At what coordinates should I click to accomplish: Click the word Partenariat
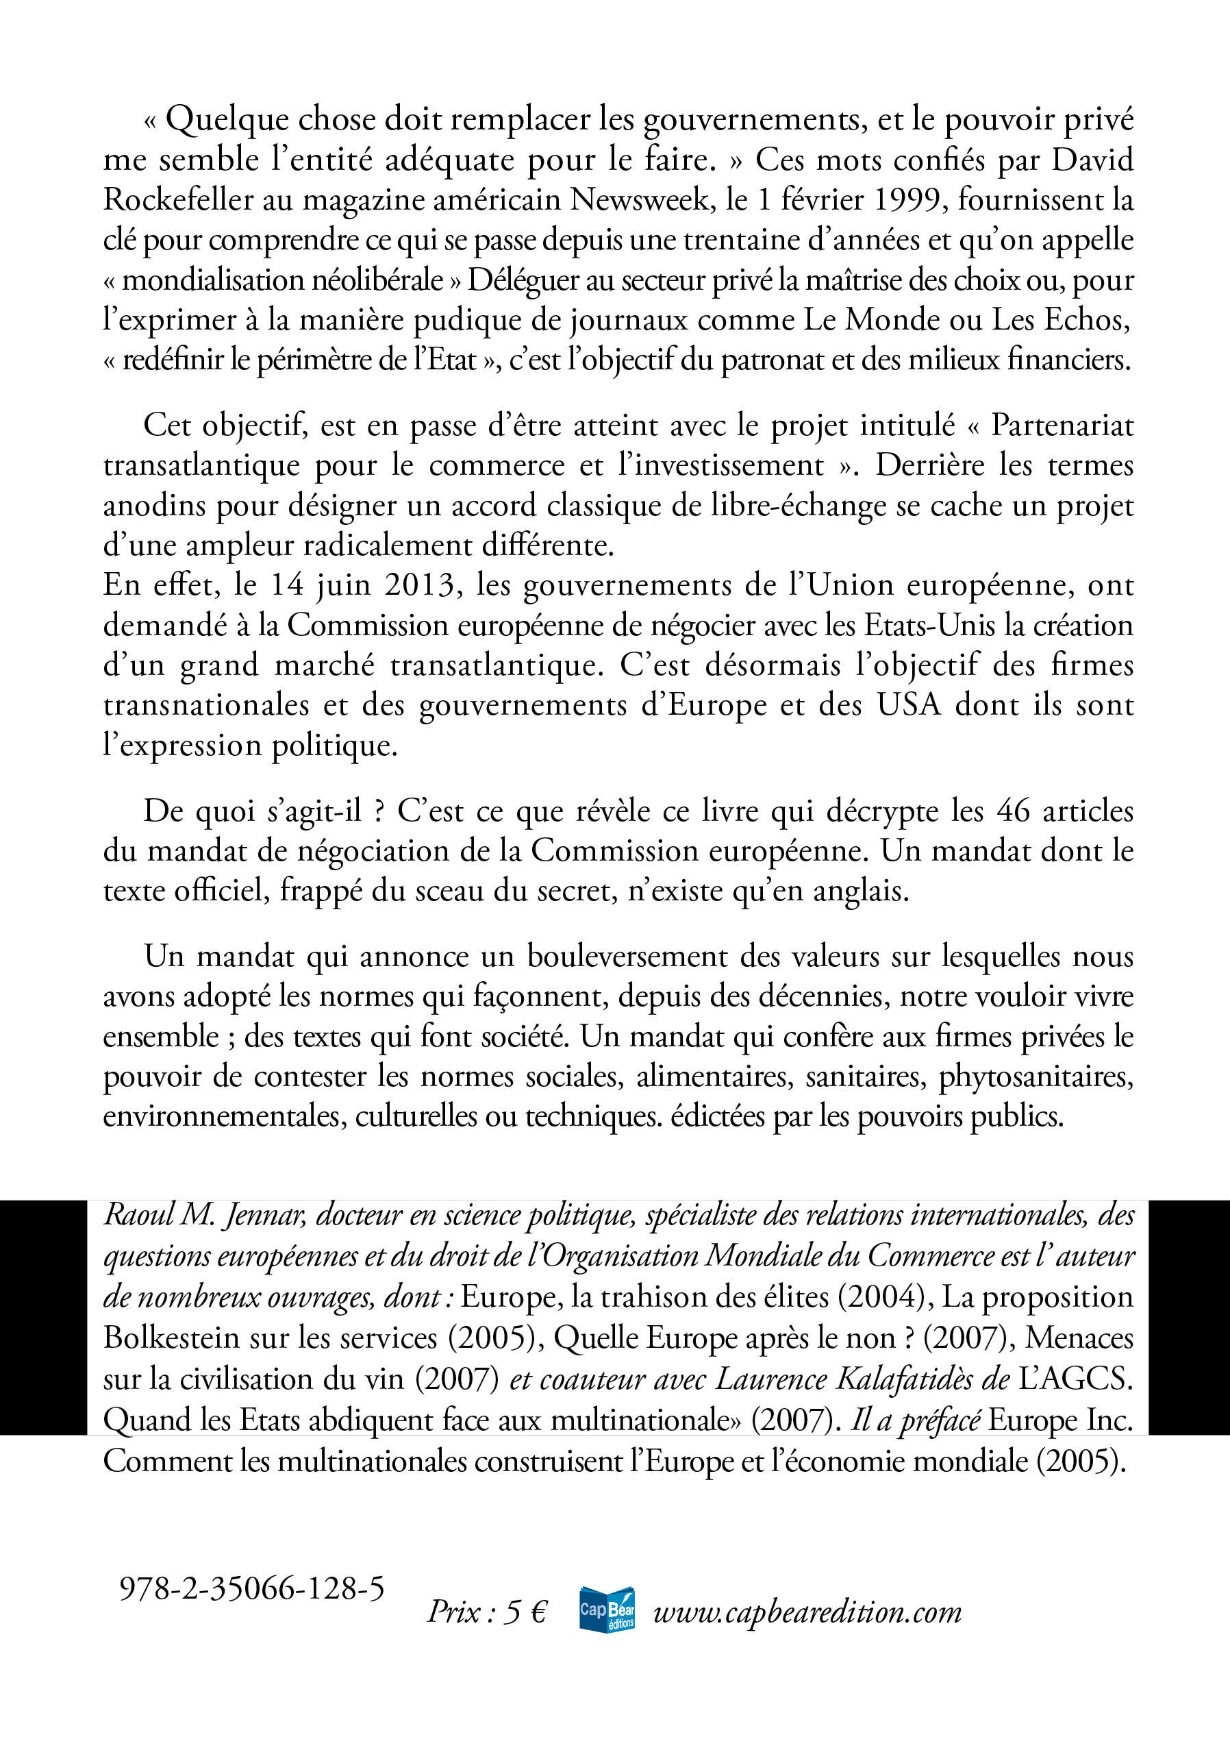pyautogui.click(x=1062, y=425)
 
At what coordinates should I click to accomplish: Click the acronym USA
pyautogui.click(x=909, y=704)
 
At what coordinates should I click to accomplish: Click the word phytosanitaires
pyautogui.click(x=1036, y=1076)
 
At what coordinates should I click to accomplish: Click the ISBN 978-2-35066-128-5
pyautogui.click(x=252, y=1589)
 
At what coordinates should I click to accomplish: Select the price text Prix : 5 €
pyautogui.click(x=487, y=1612)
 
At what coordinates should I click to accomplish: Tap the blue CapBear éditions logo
pyautogui.click(x=607, y=1610)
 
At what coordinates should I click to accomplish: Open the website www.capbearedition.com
pyautogui.click(x=807, y=1612)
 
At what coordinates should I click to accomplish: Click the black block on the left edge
pyautogui.click(x=42, y=1317)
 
